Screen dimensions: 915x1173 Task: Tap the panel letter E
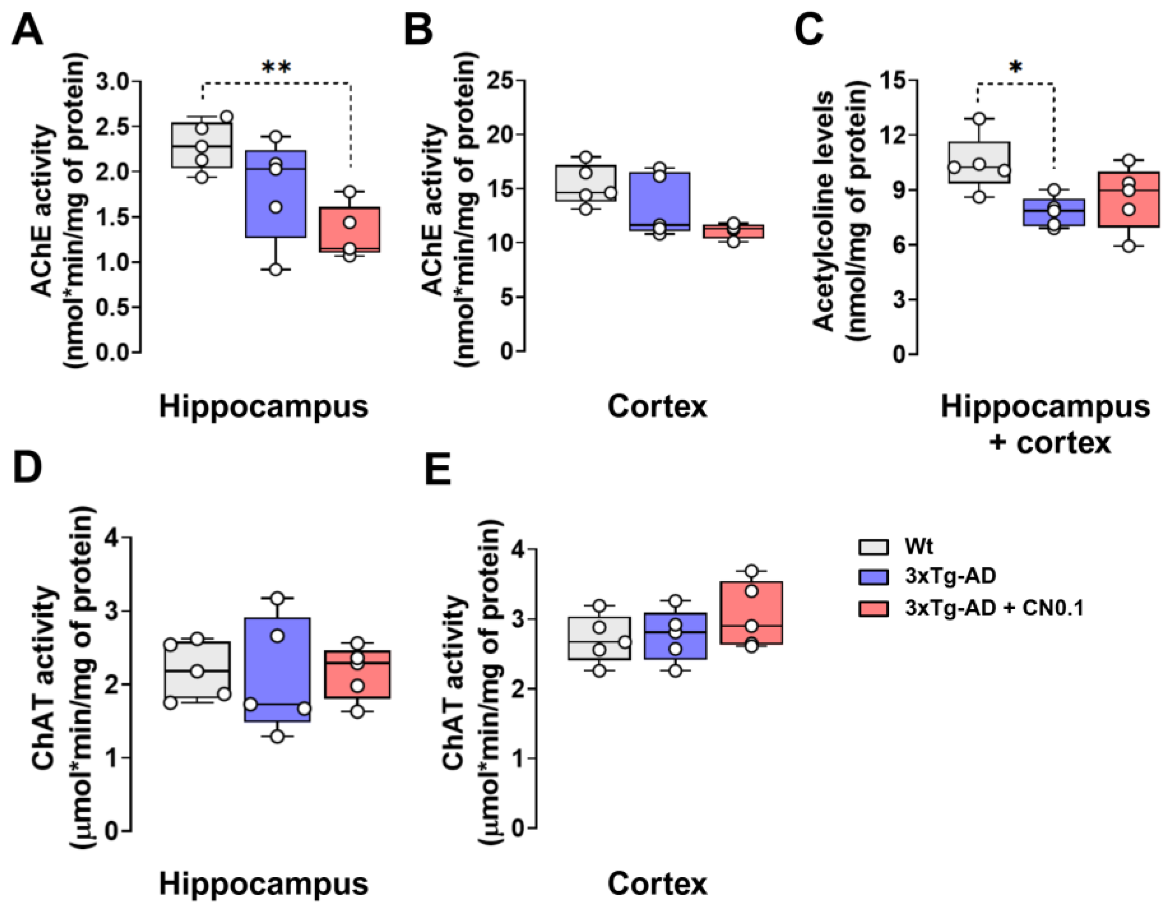(438, 471)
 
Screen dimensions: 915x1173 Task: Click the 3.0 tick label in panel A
(113, 82)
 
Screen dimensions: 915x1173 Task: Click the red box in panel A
(350, 229)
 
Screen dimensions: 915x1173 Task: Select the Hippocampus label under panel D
(264, 884)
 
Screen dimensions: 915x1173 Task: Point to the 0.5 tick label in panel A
(113, 307)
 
